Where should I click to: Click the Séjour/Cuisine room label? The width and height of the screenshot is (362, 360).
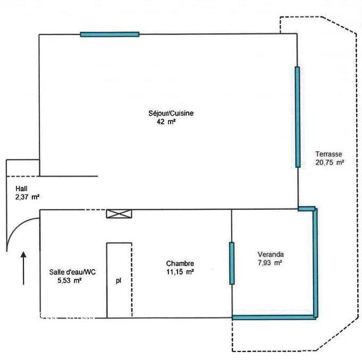tap(171, 114)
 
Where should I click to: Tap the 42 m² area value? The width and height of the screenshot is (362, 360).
tap(166, 122)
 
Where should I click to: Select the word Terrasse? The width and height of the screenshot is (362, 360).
tap(329, 154)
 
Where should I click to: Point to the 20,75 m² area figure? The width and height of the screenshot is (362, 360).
tap(330, 162)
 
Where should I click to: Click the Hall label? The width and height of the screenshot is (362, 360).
tap(21, 188)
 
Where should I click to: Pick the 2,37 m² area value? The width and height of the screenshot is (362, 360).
tap(27, 197)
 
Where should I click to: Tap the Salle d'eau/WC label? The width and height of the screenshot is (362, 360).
tap(72, 272)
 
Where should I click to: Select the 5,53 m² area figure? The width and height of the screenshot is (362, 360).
tap(69, 280)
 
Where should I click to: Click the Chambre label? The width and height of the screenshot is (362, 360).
tap(180, 263)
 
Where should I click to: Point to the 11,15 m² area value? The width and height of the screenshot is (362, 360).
tap(180, 272)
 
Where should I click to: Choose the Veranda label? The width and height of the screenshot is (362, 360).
tap(271, 254)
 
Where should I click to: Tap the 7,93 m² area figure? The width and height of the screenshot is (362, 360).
tap(270, 263)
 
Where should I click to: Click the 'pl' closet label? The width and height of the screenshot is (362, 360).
tap(119, 281)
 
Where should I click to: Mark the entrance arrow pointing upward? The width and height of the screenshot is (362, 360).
tap(23, 268)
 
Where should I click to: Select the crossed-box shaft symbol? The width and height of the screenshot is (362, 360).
tap(119, 214)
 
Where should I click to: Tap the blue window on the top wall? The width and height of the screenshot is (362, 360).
tap(110, 35)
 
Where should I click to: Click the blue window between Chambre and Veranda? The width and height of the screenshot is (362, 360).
tap(232, 263)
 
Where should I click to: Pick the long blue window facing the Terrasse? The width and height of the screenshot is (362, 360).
tap(297, 117)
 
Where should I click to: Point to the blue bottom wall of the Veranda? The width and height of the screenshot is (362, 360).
tap(274, 318)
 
